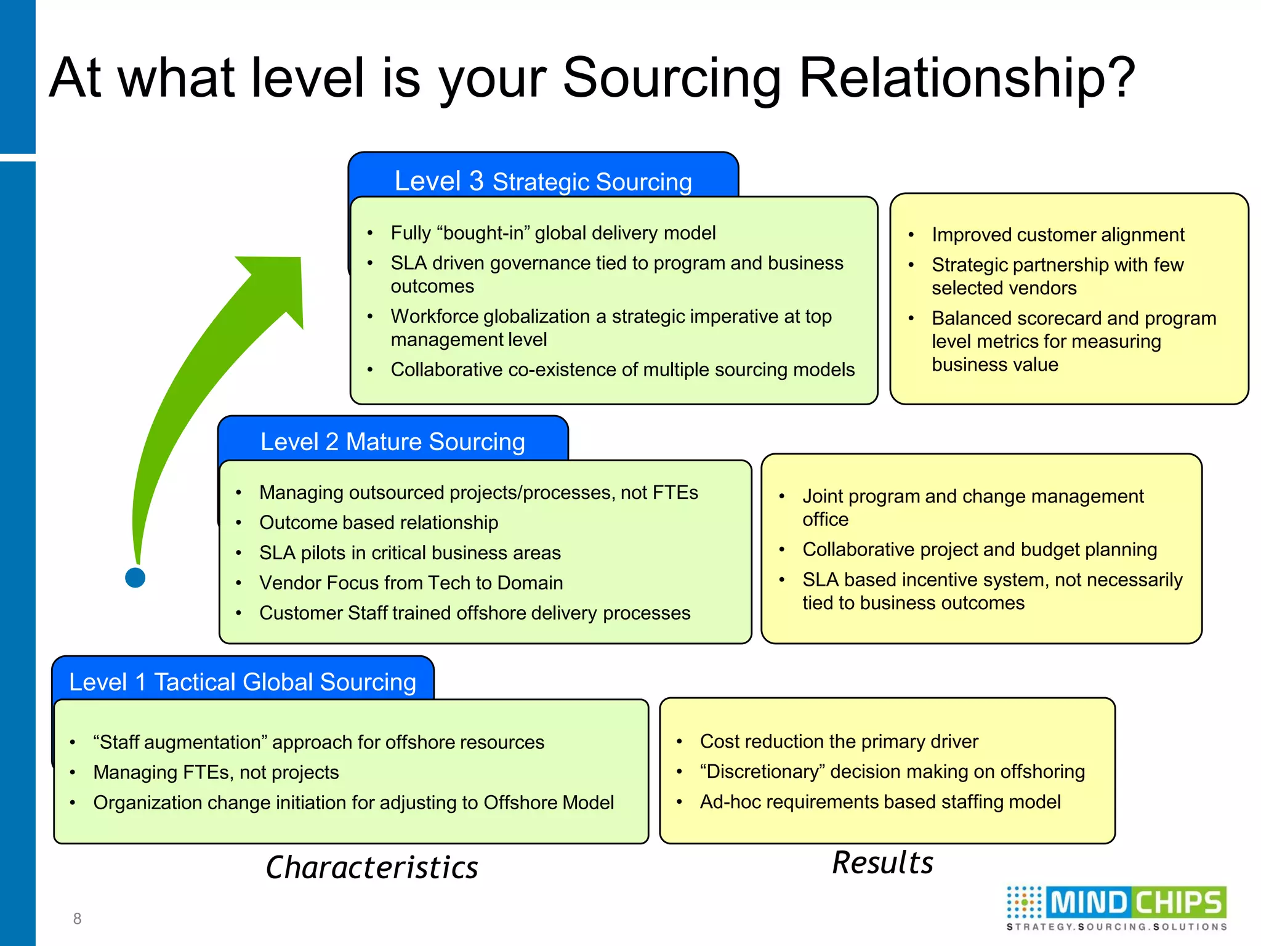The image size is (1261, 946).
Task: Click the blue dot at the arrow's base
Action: coord(135,578)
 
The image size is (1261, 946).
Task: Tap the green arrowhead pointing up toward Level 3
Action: coord(280,283)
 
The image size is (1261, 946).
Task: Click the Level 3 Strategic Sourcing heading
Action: coord(542,181)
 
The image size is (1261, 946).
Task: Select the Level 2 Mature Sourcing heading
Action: coord(392,442)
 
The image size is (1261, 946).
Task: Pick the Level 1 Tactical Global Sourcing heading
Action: coord(243,682)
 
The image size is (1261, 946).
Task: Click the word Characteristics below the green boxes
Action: coord(372,867)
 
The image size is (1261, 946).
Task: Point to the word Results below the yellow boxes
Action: coord(882,862)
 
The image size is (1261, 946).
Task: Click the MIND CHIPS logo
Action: coord(1116,903)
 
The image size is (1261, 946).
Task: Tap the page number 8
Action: coord(77,918)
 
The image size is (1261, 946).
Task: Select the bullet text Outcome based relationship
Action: coord(379,522)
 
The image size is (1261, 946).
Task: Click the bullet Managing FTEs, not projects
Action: coord(216,772)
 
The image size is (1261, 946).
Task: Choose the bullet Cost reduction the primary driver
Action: coord(839,741)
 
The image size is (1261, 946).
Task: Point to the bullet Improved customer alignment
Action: coord(1057,235)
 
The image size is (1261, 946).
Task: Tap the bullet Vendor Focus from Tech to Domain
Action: coord(411,583)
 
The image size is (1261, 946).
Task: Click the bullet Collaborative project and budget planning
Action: coord(979,549)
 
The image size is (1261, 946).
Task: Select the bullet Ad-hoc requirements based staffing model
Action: coord(880,801)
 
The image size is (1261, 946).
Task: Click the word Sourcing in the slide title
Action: coord(671,79)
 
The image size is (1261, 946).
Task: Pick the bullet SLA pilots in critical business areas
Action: coord(409,552)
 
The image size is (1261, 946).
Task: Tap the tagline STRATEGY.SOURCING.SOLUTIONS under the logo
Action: coord(1116,927)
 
